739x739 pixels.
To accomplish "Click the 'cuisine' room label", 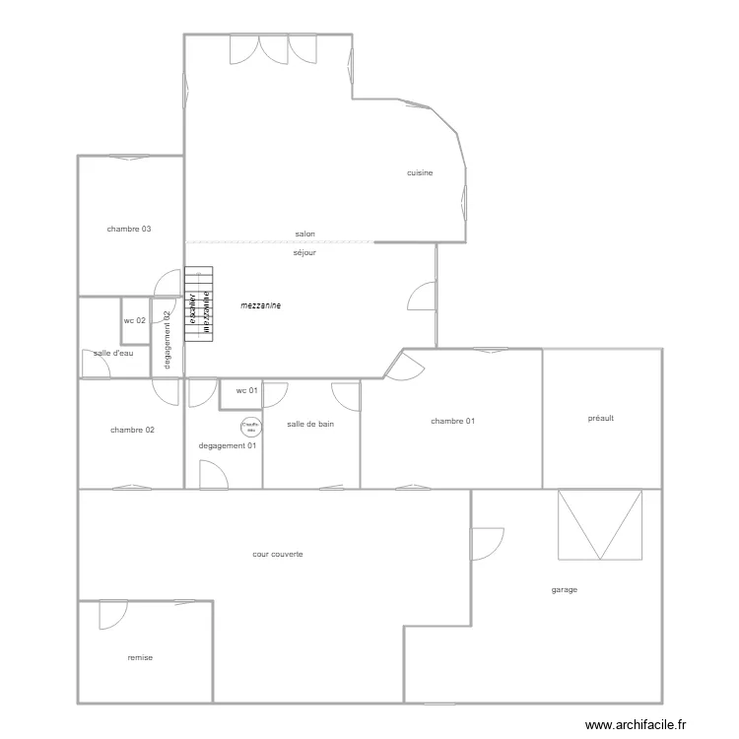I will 420,173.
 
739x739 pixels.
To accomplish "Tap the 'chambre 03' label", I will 129,230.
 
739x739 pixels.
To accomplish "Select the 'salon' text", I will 305,235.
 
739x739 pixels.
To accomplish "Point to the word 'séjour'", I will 304,253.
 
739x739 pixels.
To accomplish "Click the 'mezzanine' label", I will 261,306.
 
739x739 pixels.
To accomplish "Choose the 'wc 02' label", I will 135,321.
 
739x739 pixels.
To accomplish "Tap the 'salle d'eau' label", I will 113,353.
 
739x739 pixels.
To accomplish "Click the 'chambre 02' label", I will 132,430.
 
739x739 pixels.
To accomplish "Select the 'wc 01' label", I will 247,391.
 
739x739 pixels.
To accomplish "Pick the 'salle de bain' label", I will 310,425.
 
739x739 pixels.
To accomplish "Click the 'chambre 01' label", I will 453,422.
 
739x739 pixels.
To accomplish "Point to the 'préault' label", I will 600,418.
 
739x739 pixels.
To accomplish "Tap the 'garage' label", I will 565,590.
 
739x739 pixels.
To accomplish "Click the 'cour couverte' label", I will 278,555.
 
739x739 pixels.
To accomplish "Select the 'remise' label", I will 140,657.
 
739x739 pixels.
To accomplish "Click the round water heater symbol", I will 250,427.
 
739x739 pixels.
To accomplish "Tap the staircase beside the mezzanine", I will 199,303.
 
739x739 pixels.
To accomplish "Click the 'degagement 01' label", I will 228,446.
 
